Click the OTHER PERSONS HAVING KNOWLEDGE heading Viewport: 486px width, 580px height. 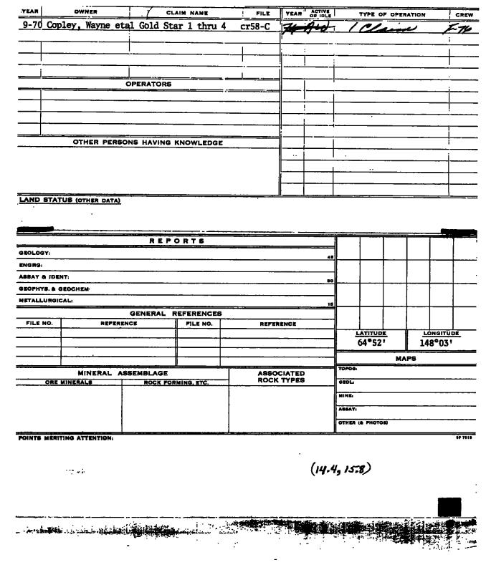pyautogui.click(x=148, y=142)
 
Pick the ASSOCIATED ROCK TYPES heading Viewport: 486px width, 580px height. pyautogui.click(x=272, y=377)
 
